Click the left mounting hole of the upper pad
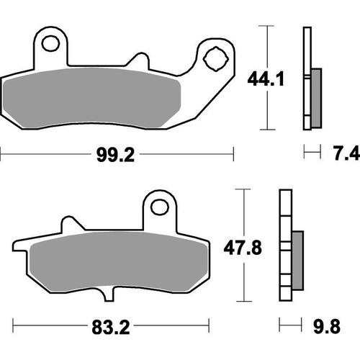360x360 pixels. pos(50,45)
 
